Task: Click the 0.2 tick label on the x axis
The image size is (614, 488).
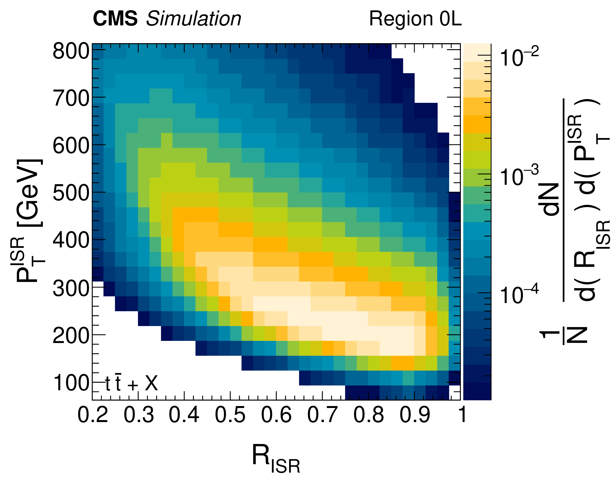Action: point(93,415)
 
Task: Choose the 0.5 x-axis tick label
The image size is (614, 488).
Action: point(230,415)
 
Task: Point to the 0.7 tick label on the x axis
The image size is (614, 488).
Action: point(322,415)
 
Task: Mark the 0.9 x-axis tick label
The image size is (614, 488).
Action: point(415,415)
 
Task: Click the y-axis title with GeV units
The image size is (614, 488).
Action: point(30,221)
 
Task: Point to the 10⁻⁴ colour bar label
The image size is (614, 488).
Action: point(519,295)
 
